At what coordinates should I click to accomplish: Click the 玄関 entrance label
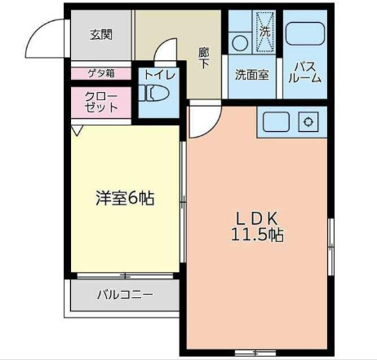(x=101, y=34)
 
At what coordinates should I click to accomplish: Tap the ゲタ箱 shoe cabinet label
(x=101, y=73)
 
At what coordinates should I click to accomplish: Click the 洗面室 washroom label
(x=252, y=74)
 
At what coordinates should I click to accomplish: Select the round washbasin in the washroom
(x=240, y=41)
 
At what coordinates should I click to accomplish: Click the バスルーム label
(x=306, y=72)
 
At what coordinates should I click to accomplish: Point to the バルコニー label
(x=125, y=294)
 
